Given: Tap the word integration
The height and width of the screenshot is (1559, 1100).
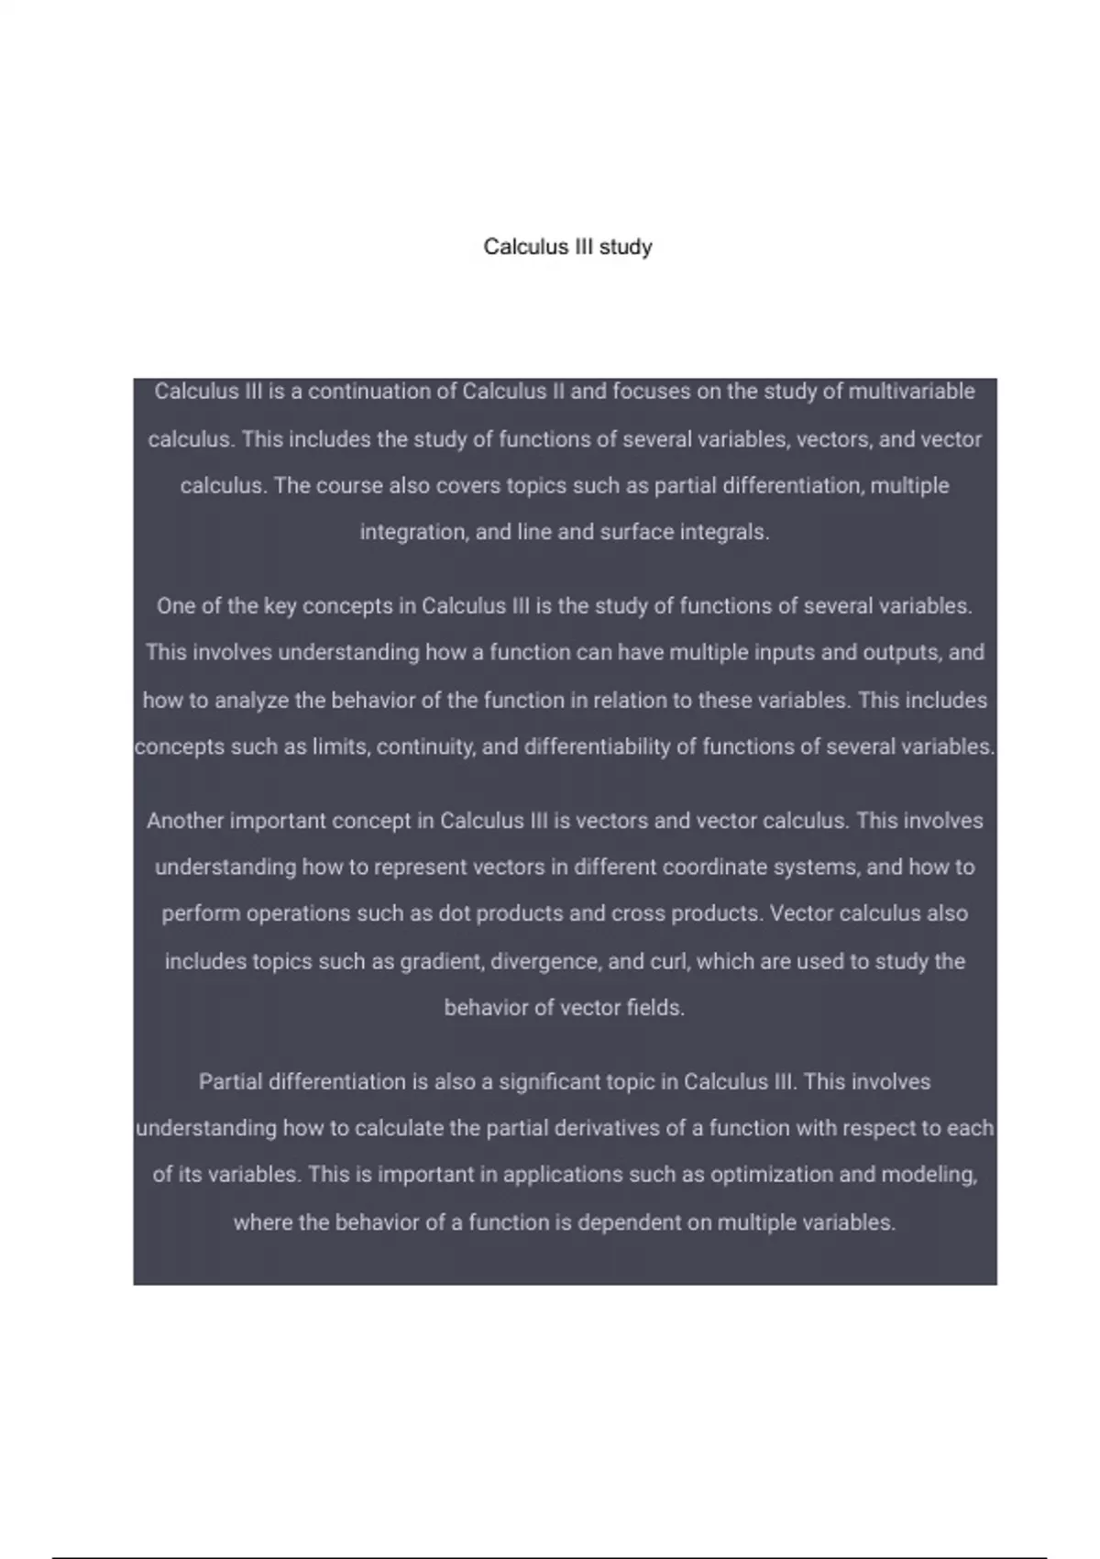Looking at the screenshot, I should [412, 532].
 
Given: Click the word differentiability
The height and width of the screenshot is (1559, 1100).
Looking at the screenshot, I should [597, 747].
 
